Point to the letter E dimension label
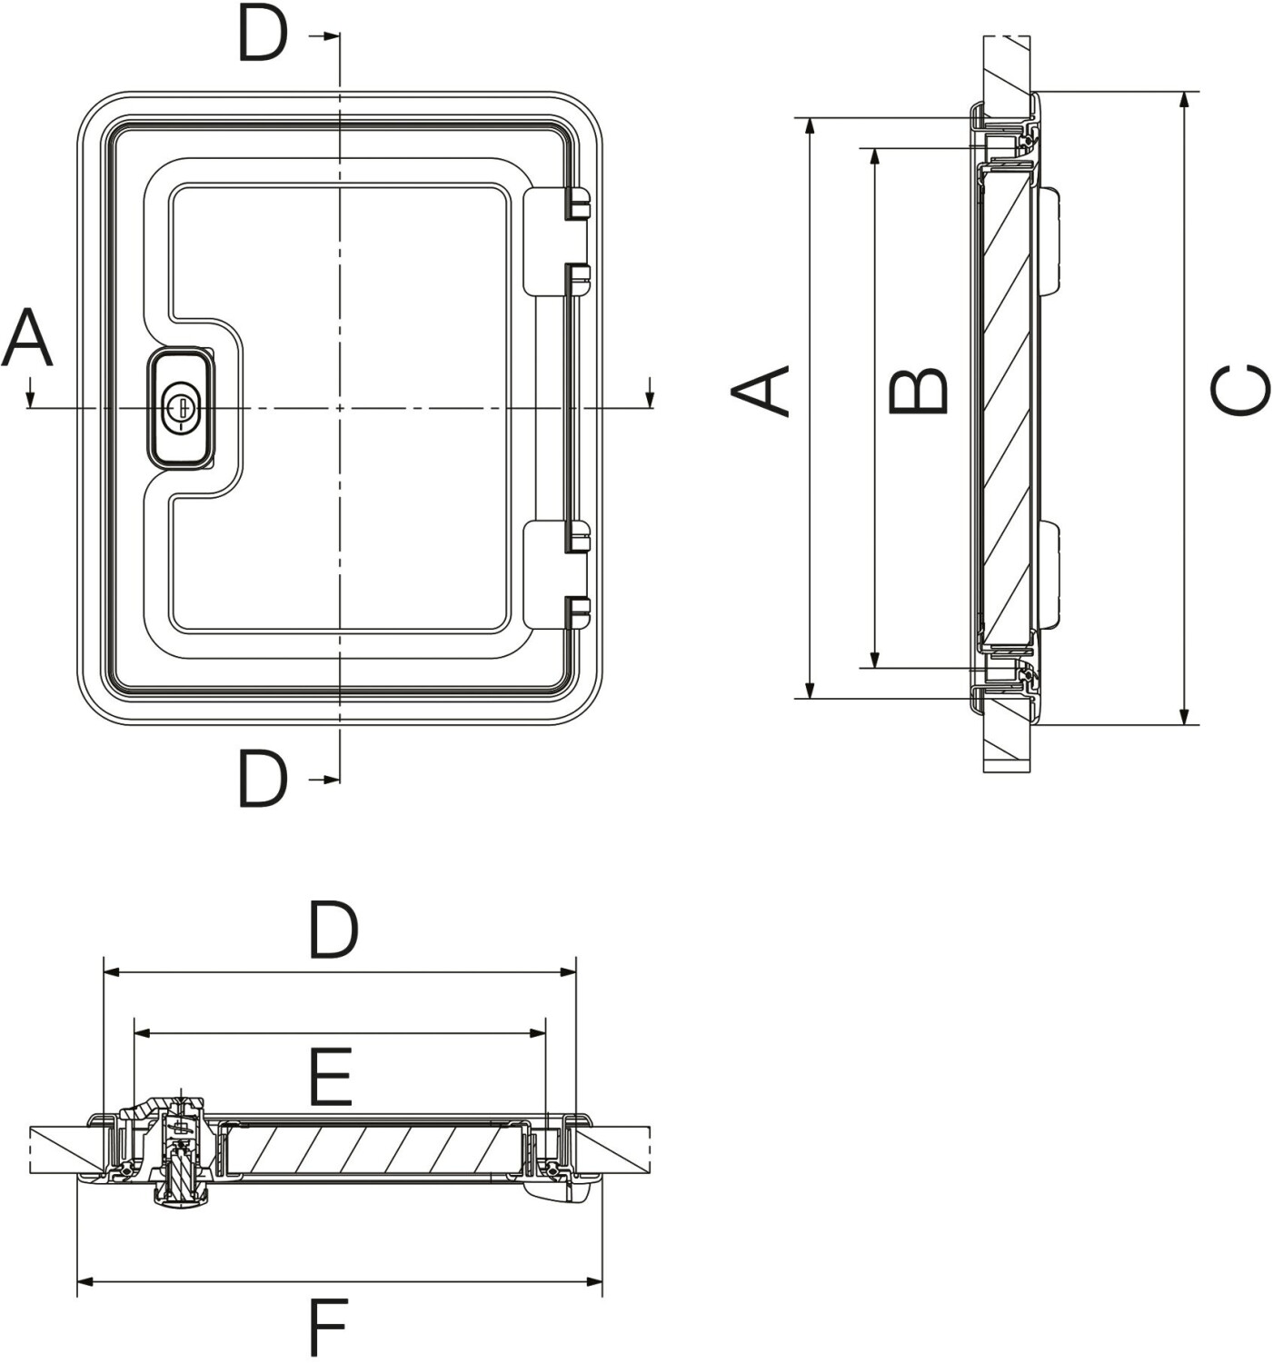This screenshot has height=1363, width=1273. tap(329, 1077)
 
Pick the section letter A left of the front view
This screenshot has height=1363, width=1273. tap(27, 338)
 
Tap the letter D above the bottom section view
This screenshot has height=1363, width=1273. tap(333, 930)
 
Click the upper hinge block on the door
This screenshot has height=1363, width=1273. tap(556, 241)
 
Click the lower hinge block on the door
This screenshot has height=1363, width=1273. tap(556, 574)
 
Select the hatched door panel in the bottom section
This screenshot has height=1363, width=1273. tap(373, 1149)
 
